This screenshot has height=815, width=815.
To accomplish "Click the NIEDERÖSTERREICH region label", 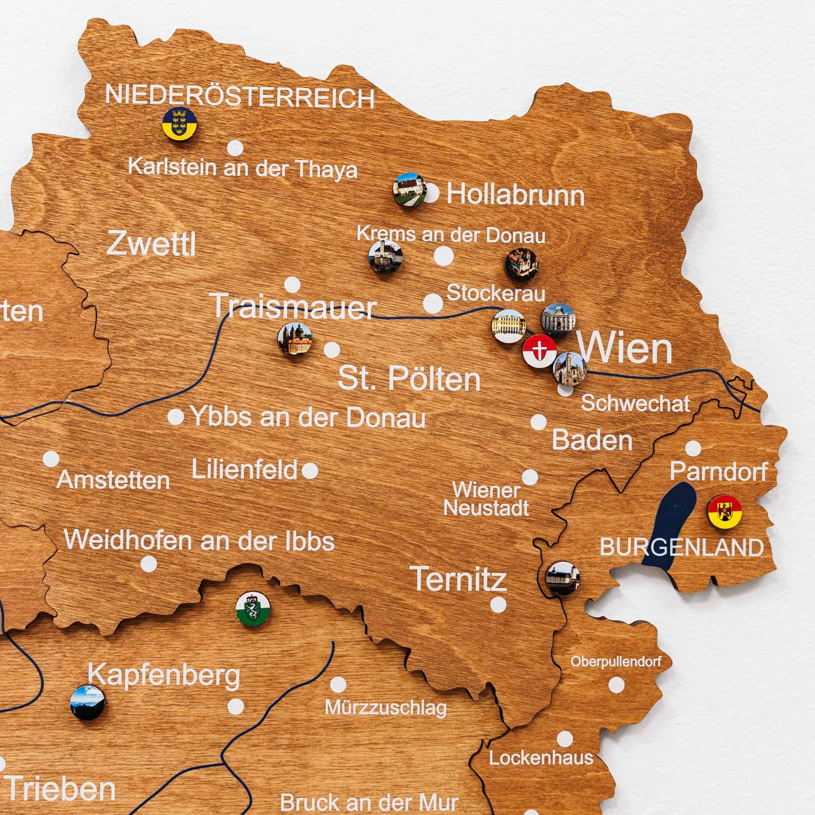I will click(240, 97).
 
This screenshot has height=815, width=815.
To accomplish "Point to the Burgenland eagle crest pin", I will click(725, 512).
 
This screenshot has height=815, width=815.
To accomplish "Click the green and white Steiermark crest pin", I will click(253, 610).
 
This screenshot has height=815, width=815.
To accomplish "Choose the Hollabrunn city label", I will click(515, 194).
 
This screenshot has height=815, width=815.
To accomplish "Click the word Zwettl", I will click(151, 244).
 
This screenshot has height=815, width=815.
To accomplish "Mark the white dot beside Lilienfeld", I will click(310, 470).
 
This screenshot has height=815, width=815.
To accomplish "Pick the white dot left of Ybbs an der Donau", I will click(176, 417).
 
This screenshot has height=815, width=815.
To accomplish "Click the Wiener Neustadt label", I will click(486, 500).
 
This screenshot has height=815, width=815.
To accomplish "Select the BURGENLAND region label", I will click(682, 548).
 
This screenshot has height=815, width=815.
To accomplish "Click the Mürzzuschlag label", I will click(385, 707).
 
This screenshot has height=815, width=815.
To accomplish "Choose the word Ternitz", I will click(458, 579).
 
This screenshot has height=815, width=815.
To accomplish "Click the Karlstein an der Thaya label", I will click(242, 168).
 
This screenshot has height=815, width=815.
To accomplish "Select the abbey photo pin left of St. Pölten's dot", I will click(295, 339).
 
